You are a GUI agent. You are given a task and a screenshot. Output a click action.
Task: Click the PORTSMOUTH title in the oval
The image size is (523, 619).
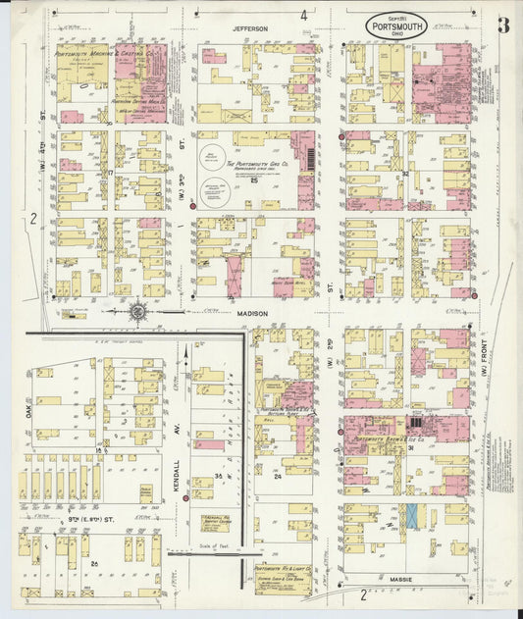(396, 26)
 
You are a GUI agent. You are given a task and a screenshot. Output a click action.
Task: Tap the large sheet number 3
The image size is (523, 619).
(501, 26)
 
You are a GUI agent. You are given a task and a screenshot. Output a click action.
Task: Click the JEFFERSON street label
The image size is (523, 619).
(250, 29)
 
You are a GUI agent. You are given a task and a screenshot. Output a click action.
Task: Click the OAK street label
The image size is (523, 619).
(28, 405)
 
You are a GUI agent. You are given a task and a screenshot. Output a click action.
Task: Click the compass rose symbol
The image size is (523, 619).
(138, 313)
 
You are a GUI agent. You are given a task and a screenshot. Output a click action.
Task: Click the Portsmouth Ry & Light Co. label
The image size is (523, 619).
(283, 569)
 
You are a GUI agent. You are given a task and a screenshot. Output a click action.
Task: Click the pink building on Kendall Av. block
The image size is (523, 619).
(208, 444)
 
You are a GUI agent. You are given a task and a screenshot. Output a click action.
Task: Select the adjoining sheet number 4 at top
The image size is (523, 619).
(304, 16)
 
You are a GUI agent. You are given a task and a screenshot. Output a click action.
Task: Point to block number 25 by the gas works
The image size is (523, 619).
(253, 181)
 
